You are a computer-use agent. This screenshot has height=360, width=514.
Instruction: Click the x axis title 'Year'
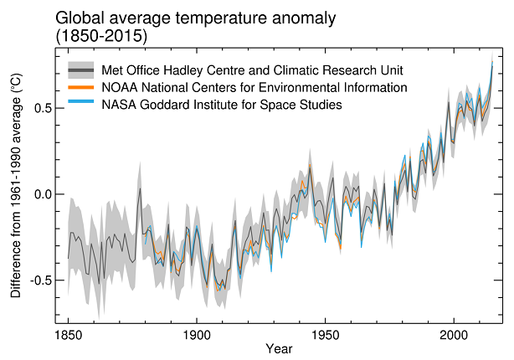[279, 347]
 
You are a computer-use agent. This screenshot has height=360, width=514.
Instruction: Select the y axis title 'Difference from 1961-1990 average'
[16, 186]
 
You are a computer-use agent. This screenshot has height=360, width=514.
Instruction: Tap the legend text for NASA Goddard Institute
[221, 105]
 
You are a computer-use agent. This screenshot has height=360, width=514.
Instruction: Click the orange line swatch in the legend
[81, 87]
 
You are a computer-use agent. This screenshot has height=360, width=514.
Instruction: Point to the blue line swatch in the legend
[81, 105]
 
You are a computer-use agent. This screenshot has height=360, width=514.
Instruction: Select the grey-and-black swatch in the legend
[81, 69]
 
